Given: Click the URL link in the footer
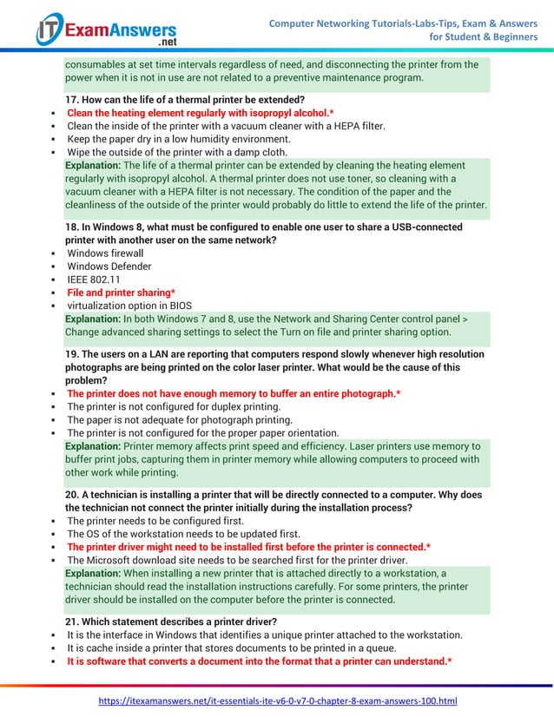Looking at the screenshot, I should [x=277, y=700].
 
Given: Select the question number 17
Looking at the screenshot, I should [x=73, y=100].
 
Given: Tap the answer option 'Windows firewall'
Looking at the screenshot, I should [x=105, y=253].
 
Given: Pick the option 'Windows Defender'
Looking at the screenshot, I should [x=109, y=266].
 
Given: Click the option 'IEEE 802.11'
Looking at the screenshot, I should [x=94, y=280].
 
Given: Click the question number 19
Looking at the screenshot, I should [x=73, y=354].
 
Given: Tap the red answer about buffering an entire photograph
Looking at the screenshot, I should [x=233, y=393].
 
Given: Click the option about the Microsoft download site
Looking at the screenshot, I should [x=237, y=560].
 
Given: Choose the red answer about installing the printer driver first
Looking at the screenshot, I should [x=248, y=547].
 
